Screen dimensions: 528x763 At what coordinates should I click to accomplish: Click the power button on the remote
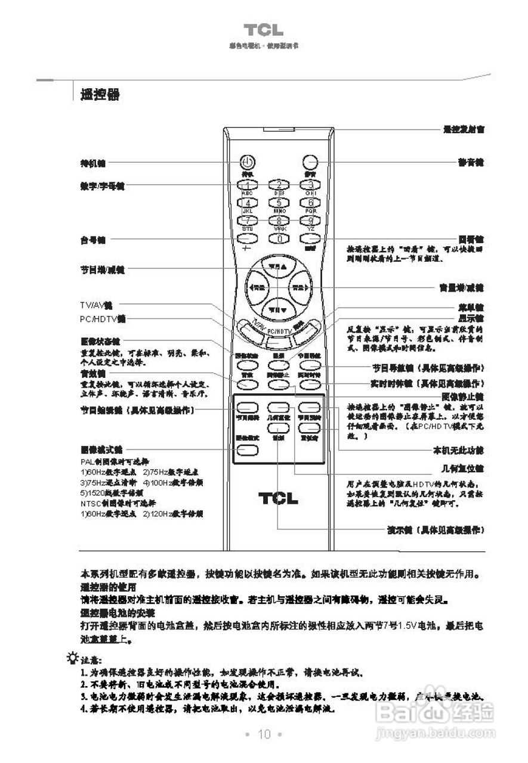click(x=248, y=162)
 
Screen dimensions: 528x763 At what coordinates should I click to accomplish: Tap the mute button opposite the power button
click(x=309, y=162)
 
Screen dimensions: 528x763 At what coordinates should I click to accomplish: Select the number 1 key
click(x=248, y=185)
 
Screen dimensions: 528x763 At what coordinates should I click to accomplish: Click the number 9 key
click(x=310, y=221)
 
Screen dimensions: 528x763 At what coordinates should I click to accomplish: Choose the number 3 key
click(x=310, y=185)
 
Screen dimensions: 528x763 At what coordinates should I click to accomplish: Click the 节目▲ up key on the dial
click(x=278, y=266)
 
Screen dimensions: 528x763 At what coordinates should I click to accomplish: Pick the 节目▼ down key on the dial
click(x=278, y=309)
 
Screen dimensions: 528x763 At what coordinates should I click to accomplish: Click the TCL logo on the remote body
click(x=279, y=498)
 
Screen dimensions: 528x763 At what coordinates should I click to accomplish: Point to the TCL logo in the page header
click(x=263, y=30)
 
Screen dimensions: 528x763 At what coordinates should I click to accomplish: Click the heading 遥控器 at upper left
click(x=100, y=94)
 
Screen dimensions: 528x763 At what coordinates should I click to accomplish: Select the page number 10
click(x=264, y=734)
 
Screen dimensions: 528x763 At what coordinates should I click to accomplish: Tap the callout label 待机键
click(x=92, y=162)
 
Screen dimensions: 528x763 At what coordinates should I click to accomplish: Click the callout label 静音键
click(x=470, y=162)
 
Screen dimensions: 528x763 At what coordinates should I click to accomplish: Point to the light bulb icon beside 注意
click(x=73, y=658)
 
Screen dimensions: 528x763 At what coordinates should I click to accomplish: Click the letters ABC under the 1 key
click(x=247, y=194)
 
